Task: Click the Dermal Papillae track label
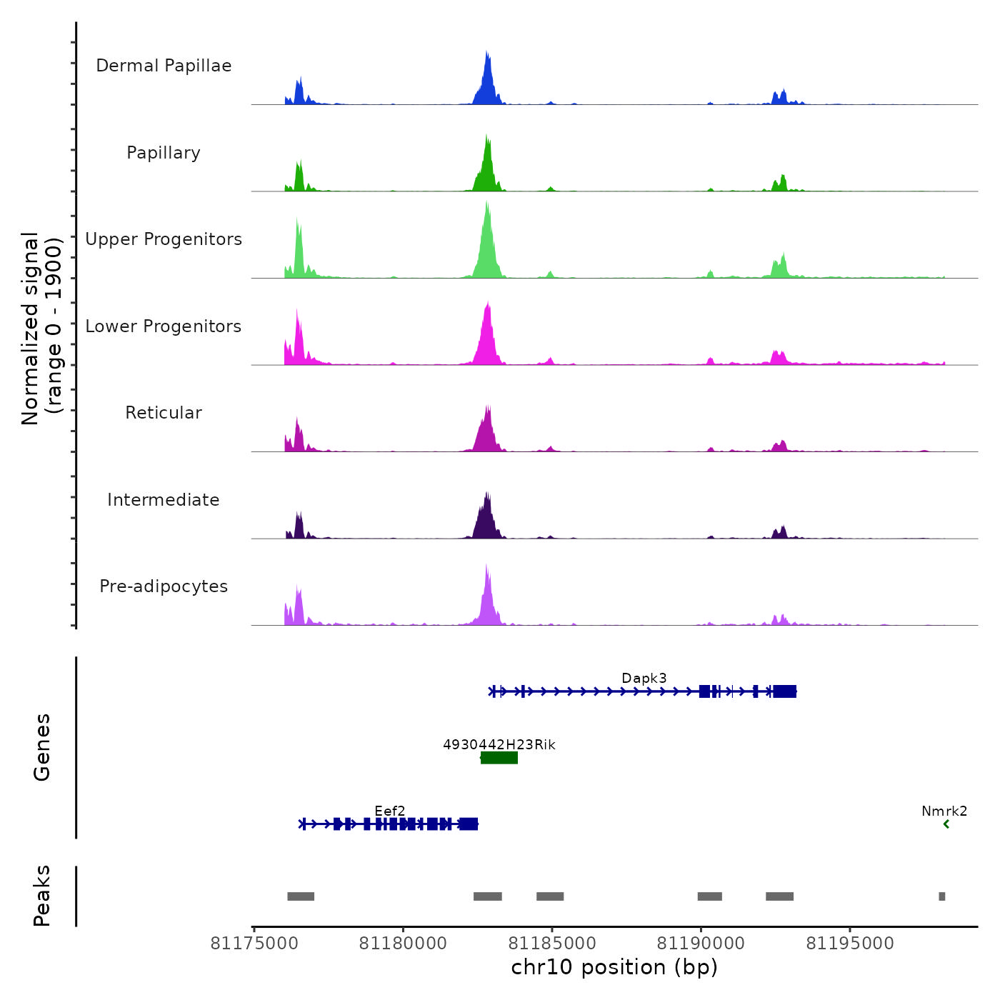pos(164,66)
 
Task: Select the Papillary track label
pos(164,153)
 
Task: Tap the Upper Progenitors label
pos(164,239)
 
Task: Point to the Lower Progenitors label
pos(164,326)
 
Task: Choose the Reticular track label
pos(164,413)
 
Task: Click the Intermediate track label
pos(164,500)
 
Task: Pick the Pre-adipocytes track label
pos(164,586)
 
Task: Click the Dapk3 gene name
pos(644,678)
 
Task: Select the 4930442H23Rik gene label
pos(499,744)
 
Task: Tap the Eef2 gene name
pos(390,811)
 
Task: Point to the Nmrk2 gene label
pos(944,811)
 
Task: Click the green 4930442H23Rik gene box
pos(499,758)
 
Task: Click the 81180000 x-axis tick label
pos(403,944)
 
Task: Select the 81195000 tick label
pos(849,944)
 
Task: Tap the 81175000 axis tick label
pos(254,944)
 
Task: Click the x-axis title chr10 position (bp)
pos(614,967)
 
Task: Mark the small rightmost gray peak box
pos(941,896)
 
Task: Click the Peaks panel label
pos(41,896)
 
